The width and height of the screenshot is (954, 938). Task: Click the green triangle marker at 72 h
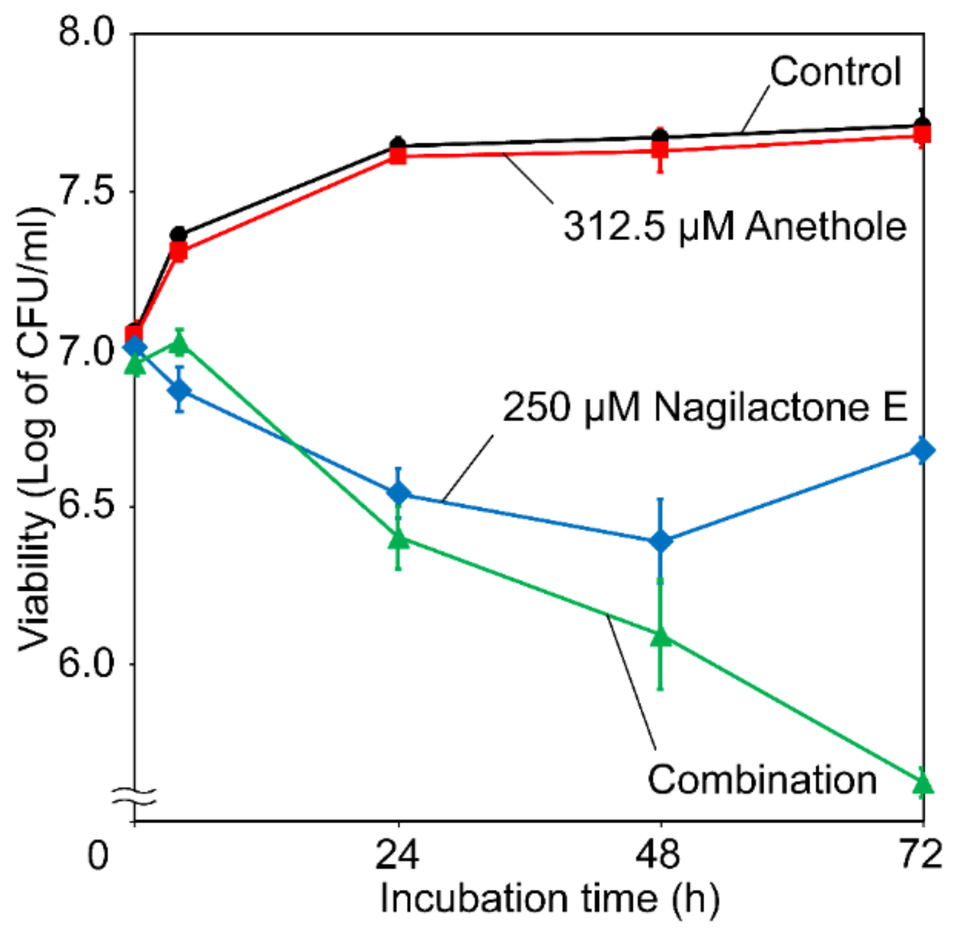[923, 783]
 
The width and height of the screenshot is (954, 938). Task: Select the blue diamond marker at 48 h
[661, 541]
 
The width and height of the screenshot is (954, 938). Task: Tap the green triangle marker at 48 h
[661, 636]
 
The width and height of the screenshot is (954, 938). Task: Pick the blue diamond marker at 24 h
[399, 493]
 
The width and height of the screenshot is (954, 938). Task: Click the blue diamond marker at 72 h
[922, 451]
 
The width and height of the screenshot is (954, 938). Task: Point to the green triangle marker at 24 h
[399, 538]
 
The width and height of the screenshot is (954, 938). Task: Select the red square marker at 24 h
[399, 155]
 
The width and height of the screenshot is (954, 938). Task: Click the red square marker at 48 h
[661, 150]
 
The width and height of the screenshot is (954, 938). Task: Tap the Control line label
[835, 72]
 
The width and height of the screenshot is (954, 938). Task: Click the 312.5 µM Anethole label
[734, 226]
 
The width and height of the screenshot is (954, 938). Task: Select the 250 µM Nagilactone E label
[704, 407]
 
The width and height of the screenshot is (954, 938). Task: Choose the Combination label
[762, 780]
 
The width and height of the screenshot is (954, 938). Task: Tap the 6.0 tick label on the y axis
[86, 663]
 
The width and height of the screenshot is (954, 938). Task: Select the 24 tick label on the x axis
[397, 854]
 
